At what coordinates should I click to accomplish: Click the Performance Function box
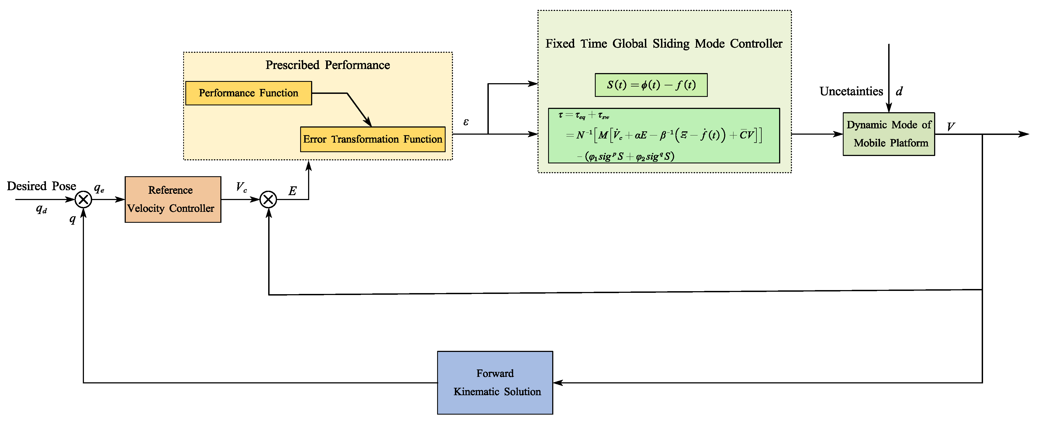pyautogui.click(x=248, y=93)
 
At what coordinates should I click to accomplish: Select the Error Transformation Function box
pyautogui.click(x=372, y=139)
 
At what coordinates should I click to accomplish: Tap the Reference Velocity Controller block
pyautogui.click(x=172, y=199)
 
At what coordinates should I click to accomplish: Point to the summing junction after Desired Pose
pyautogui.click(x=83, y=199)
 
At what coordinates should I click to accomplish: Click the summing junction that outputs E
pyautogui.click(x=268, y=199)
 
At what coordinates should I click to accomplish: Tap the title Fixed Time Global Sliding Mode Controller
pyautogui.click(x=664, y=44)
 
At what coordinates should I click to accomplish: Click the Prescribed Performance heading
pyautogui.click(x=327, y=65)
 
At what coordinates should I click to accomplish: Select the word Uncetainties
pyautogui.click(x=851, y=91)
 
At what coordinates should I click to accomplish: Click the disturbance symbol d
pyautogui.click(x=899, y=91)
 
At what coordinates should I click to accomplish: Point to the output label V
pyautogui.click(x=951, y=127)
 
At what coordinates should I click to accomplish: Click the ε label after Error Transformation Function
pyautogui.click(x=466, y=122)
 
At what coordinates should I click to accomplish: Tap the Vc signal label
pyautogui.click(x=241, y=187)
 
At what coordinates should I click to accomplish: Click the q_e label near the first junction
pyautogui.click(x=99, y=188)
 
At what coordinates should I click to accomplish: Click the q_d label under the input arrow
pyautogui.click(x=41, y=209)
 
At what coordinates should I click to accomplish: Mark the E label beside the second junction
pyautogui.click(x=293, y=191)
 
